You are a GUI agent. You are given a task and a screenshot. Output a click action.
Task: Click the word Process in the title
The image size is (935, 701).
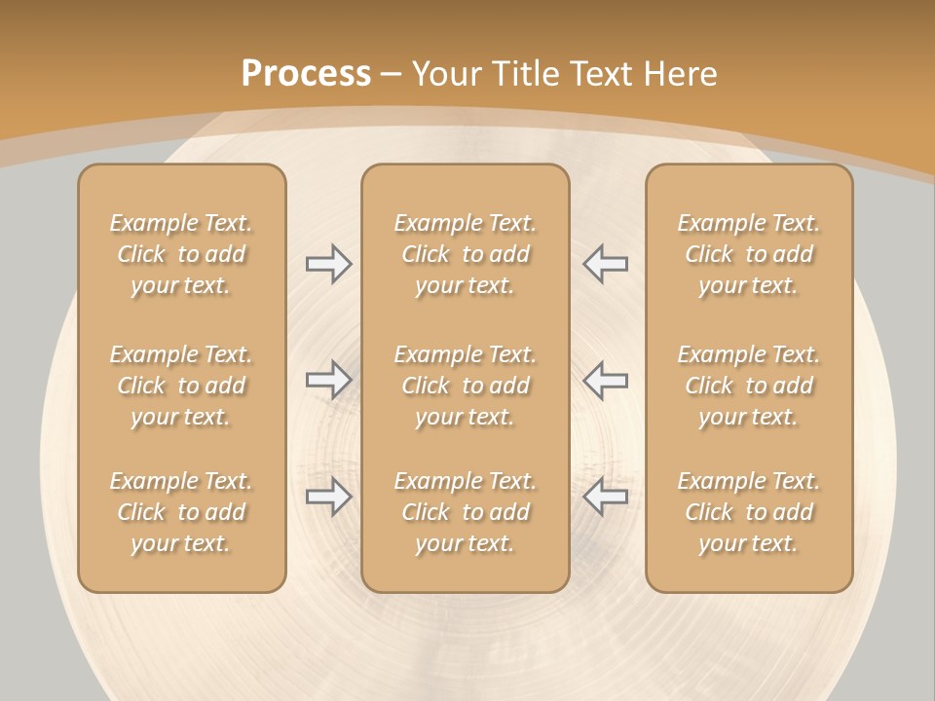[x=306, y=74]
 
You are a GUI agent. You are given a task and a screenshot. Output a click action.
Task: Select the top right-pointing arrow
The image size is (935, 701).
[x=329, y=264]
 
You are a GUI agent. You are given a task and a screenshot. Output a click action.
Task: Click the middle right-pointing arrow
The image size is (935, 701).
[x=329, y=380]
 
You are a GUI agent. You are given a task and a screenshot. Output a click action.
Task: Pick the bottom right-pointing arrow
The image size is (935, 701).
[x=329, y=497]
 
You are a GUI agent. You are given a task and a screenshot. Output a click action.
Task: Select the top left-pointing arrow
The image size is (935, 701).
[x=606, y=264]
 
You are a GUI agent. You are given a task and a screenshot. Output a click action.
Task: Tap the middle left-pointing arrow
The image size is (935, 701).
[x=606, y=380]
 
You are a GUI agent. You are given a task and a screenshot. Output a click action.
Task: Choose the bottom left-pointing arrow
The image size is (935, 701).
[x=606, y=497]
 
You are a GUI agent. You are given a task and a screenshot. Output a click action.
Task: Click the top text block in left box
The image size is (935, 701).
[x=181, y=254]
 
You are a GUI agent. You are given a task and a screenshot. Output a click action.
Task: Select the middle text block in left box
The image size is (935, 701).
[x=181, y=386]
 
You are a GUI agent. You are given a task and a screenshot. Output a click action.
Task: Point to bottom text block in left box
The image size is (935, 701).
[x=181, y=512]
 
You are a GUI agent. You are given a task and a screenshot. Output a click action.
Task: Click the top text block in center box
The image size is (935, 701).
[x=465, y=254]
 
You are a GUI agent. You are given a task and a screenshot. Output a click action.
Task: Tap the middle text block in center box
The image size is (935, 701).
[x=465, y=386]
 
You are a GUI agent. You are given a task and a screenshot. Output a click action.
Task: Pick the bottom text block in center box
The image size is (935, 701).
[x=465, y=512]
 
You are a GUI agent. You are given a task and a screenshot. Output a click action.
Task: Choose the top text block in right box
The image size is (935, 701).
[x=749, y=254]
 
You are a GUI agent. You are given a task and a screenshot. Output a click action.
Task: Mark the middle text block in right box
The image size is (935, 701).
[x=749, y=386]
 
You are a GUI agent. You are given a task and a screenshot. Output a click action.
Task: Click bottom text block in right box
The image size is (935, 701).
[x=749, y=512]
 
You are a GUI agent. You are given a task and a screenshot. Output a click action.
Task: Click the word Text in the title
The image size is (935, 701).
[x=600, y=74]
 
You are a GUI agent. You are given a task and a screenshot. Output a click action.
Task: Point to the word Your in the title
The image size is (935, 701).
[x=447, y=74]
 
